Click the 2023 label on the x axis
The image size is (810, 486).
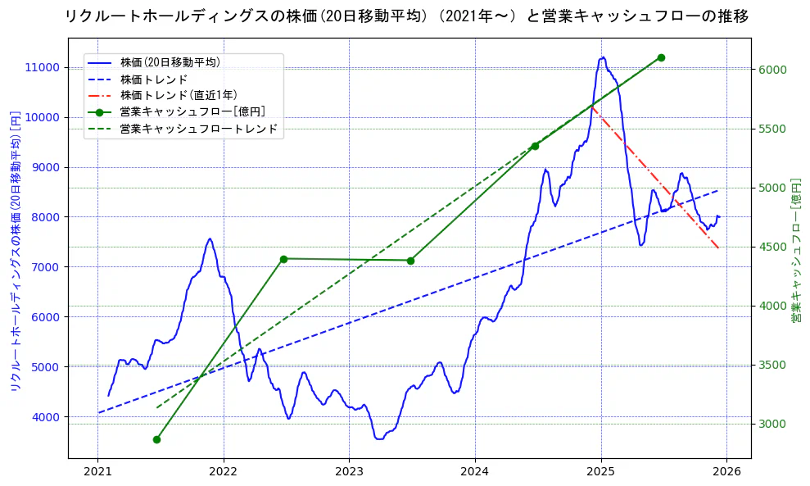click(349, 472)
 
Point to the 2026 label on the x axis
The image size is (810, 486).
click(726, 472)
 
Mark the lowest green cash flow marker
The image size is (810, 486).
click(156, 439)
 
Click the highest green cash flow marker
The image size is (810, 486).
click(661, 57)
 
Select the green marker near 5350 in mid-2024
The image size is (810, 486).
click(535, 146)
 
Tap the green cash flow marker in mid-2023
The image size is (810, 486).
click(410, 261)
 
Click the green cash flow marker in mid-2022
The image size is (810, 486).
click(283, 259)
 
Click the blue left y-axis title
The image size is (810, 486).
click(15, 250)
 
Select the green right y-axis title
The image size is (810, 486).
click(795, 250)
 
